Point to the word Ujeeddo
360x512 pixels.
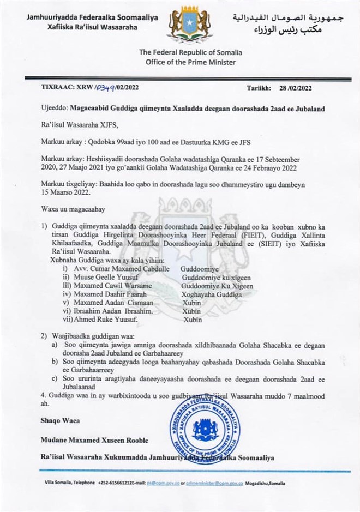point(56,109)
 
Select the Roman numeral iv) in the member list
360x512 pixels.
point(67,295)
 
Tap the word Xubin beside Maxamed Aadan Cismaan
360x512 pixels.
point(191,303)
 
